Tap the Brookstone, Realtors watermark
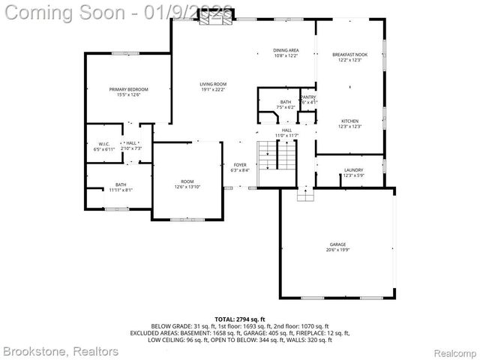(x=60, y=350)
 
